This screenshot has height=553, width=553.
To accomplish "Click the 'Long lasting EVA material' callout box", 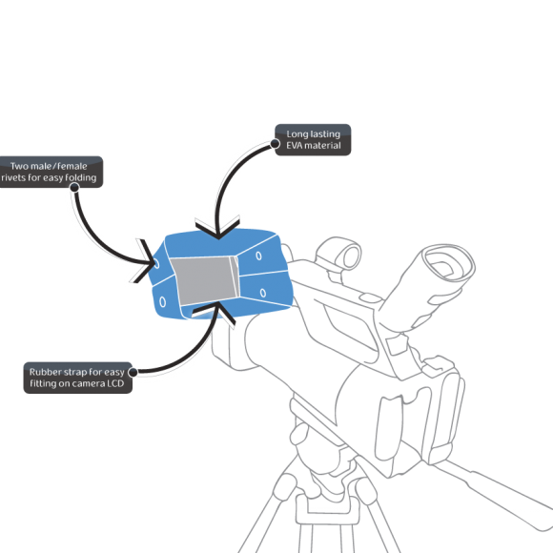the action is [x=313, y=139].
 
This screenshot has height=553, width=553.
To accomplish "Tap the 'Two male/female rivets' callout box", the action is [x=51, y=172].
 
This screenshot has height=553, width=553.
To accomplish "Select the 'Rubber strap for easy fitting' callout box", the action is [x=78, y=378].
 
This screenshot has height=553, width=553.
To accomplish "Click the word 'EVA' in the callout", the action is [x=293, y=145].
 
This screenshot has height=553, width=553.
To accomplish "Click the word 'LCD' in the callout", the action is [x=115, y=383].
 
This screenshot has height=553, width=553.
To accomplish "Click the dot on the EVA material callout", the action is [x=276, y=144].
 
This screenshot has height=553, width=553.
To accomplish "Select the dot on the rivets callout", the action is [x=74, y=187].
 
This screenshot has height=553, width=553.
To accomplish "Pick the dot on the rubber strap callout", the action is [x=133, y=372].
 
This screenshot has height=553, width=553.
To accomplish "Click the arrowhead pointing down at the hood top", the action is [x=218, y=230].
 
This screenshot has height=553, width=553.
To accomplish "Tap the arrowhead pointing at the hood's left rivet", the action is [x=146, y=261].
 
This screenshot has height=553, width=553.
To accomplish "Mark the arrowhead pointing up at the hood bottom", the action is [x=215, y=312].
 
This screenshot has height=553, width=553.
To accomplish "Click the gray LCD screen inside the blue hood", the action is [x=205, y=280].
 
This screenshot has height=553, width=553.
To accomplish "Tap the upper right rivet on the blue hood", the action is [x=259, y=256].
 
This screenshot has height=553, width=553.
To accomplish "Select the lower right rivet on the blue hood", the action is [x=263, y=293].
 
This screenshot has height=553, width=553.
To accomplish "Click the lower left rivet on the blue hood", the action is [x=162, y=302].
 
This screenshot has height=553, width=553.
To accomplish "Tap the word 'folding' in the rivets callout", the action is [x=81, y=177].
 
